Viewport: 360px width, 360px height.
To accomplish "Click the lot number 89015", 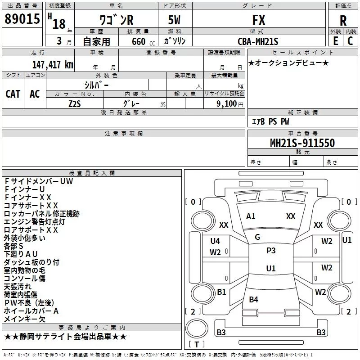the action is [22, 18].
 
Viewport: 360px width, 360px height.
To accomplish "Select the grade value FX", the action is [259, 20].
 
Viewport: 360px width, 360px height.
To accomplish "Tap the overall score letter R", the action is [343, 21].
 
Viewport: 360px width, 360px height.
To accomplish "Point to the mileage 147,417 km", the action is [53, 64].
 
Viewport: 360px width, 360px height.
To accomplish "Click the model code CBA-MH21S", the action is [258, 41].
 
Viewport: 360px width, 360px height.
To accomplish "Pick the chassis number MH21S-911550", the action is [302, 143].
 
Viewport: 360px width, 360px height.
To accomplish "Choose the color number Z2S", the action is [75, 104].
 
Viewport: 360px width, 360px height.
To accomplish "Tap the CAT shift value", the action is [13, 94].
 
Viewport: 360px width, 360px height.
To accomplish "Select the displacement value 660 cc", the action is [143, 41].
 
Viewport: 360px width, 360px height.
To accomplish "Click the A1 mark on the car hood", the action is [251, 216].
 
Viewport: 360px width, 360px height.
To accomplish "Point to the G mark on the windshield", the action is [257, 237].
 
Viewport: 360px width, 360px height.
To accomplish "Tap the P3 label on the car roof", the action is [271, 250].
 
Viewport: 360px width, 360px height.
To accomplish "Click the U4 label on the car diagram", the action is [215, 241].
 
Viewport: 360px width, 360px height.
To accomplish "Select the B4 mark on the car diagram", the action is [253, 299].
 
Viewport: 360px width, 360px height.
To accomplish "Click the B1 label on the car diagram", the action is [221, 292].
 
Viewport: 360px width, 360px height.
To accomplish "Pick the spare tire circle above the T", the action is [197, 328].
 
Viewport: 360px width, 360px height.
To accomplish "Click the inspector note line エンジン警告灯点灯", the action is [35, 222].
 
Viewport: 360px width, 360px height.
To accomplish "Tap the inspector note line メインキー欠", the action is [25, 319].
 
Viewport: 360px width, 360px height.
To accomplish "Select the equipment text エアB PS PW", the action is [270, 121].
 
